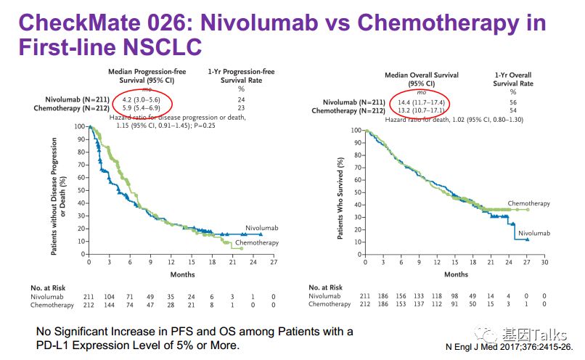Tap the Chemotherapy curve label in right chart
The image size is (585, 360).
(528, 204)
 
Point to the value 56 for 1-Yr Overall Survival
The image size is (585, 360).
(514, 103)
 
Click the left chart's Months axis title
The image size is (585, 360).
(181, 274)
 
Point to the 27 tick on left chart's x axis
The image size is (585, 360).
(273, 261)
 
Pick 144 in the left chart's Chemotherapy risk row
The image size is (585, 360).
(110, 305)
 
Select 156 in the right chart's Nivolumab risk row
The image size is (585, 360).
(404, 296)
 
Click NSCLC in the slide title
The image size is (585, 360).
(153, 51)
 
